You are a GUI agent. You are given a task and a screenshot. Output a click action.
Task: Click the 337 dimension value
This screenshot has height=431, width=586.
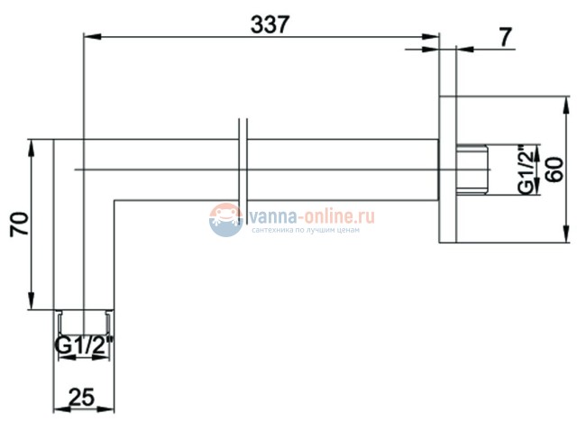click(x=270, y=24)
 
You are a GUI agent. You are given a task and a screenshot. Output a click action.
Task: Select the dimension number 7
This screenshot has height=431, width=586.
click(x=505, y=37)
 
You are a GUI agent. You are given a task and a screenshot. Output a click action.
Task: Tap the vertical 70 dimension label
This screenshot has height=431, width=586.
click(x=20, y=224)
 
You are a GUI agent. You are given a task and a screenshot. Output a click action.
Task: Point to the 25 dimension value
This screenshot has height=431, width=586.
click(x=82, y=397)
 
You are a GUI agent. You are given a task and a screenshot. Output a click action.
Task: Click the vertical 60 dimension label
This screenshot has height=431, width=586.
click(x=555, y=170)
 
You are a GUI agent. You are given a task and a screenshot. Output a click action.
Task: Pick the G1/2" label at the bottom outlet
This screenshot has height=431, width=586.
click(x=84, y=345)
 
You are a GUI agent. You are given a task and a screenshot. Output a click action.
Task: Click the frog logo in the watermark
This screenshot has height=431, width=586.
click(x=225, y=220)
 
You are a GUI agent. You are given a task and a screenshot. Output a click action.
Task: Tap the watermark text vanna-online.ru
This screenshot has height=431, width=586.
click(x=311, y=216)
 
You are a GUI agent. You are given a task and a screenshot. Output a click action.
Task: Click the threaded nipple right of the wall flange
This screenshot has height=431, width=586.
click(x=472, y=170)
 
